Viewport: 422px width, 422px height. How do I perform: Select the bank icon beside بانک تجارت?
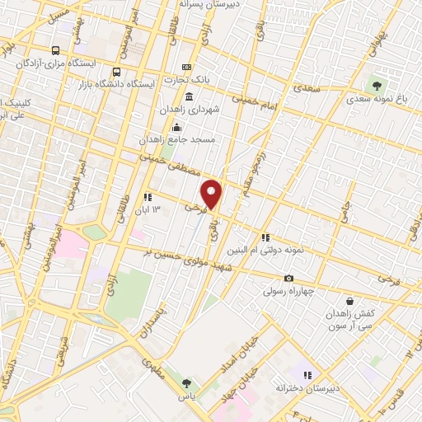coord(186,68)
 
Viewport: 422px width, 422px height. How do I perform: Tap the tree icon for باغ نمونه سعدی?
coord(377,85)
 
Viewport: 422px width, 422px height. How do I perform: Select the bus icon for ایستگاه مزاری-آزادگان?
coord(56,49)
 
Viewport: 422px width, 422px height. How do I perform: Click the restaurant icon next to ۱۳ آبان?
coord(148,197)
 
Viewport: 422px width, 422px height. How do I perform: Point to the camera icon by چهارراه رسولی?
coord(288,279)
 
